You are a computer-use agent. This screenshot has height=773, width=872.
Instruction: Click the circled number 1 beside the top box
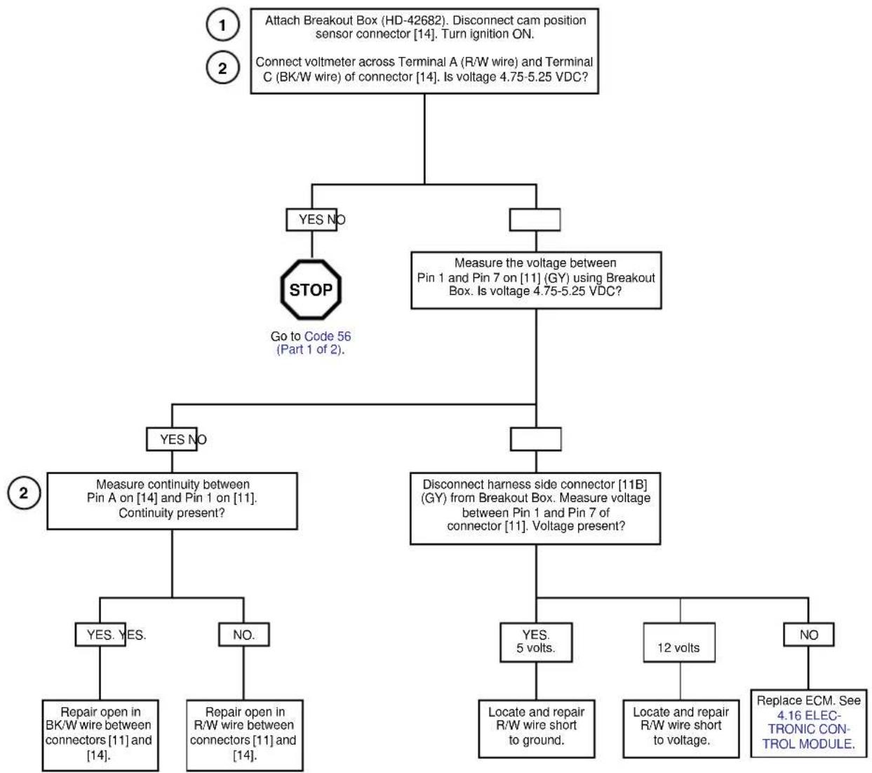(x=222, y=25)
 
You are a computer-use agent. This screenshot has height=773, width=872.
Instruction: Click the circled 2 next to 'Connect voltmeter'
(x=222, y=67)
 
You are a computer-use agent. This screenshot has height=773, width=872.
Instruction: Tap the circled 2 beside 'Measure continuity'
(x=24, y=492)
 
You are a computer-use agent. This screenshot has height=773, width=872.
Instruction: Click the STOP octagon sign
(x=311, y=289)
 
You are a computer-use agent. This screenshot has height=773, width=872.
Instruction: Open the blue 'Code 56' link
(x=328, y=336)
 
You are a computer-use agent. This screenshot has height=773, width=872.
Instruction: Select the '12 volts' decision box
(x=679, y=642)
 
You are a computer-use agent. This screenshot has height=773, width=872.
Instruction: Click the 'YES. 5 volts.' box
(x=536, y=642)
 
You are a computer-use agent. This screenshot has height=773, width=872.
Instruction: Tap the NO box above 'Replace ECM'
(x=808, y=634)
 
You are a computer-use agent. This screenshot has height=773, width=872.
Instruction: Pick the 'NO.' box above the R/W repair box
(x=243, y=634)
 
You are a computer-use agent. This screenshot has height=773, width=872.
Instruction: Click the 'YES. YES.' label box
(x=100, y=634)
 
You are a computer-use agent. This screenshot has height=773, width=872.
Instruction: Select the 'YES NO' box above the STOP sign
(x=311, y=220)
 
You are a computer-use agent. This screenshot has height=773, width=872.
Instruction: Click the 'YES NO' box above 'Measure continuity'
(x=172, y=439)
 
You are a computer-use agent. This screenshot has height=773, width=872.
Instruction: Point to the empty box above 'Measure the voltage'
(x=535, y=220)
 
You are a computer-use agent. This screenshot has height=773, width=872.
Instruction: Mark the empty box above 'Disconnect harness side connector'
(x=535, y=439)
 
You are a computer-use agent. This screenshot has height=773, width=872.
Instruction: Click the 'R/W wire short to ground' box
(x=536, y=729)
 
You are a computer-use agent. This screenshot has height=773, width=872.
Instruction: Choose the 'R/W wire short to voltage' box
(x=681, y=729)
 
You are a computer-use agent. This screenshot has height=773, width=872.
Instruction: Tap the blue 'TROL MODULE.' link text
(x=809, y=744)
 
